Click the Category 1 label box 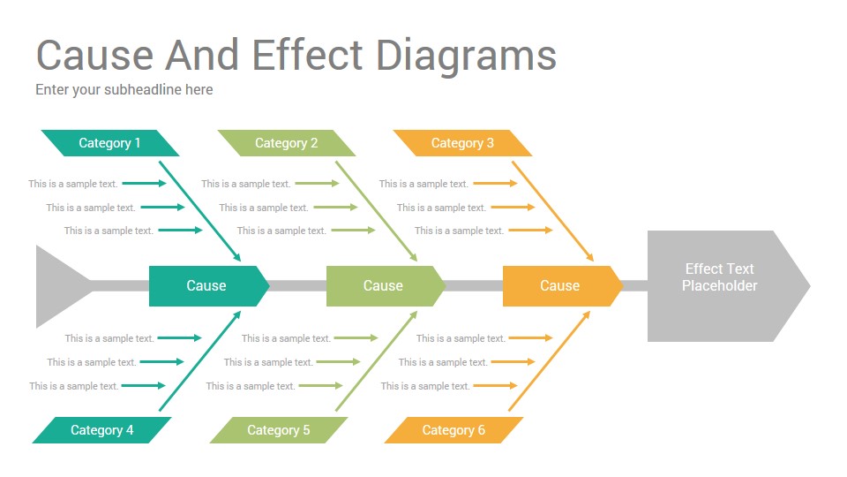[109, 143]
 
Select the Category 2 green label [286, 143]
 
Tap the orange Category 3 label [462, 143]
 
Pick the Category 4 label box [102, 430]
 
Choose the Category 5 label [279, 430]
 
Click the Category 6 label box [453, 430]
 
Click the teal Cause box [209, 286]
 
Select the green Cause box [386, 286]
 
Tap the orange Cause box [562, 286]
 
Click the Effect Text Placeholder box [728, 286]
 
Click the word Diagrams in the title [466, 57]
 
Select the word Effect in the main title [307, 55]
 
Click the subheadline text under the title [124, 90]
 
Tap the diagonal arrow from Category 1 [200, 211]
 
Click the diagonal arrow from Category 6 [550, 360]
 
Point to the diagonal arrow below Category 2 [377, 211]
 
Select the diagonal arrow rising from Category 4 [200, 360]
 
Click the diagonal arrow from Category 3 [552, 211]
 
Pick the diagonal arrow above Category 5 [377, 360]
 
